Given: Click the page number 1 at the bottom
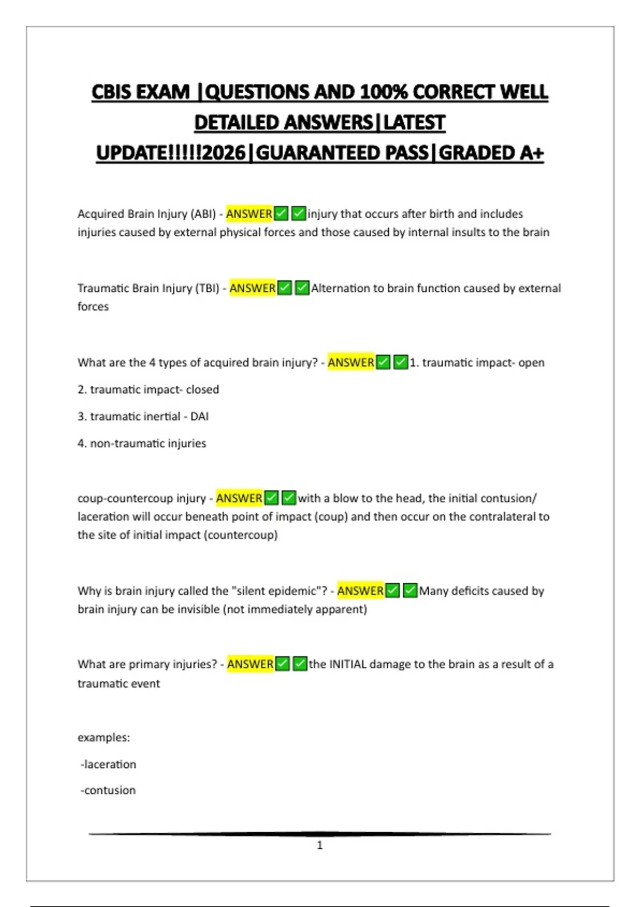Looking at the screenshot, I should pyautogui.click(x=319, y=845).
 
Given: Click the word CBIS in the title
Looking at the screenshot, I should pyautogui.click(x=113, y=92).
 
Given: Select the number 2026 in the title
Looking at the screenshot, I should pyautogui.click(x=224, y=153).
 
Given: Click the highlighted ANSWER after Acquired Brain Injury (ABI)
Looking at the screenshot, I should pyautogui.click(x=249, y=214).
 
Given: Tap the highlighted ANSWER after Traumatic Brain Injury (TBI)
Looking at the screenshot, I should pyautogui.click(x=252, y=288).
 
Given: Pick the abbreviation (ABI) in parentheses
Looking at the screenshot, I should pyautogui.click(x=203, y=214).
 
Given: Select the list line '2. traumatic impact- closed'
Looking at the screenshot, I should pyautogui.click(x=148, y=389).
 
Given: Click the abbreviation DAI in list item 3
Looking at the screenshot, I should pyautogui.click(x=199, y=416).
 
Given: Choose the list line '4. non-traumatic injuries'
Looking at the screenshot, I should pyautogui.click(x=142, y=443).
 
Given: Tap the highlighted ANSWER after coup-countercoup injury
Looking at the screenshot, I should pyautogui.click(x=239, y=498).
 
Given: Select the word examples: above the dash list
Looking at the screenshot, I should pyautogui.click(x=103, y=737).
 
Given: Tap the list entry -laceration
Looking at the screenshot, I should pyautogui.click(x=108, y=764).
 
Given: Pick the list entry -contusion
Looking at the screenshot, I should pyautogui.click(x=108, y=790).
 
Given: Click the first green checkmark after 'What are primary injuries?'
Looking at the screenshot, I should pyautogui.click(x=283, y=664).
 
